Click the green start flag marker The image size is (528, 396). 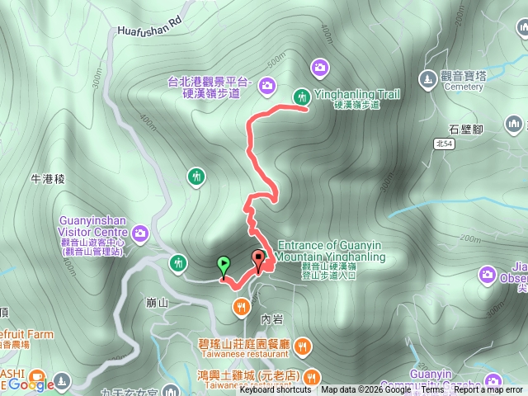223,266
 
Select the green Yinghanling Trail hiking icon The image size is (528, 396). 301,96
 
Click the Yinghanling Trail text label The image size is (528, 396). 356,95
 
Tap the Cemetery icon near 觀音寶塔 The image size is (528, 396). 428,78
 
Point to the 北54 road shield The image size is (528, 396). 444,143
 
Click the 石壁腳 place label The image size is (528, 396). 466,130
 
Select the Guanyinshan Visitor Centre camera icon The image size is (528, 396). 141,234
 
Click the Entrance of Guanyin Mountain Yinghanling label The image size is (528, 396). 332,251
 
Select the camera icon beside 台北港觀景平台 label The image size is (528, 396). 267,83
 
